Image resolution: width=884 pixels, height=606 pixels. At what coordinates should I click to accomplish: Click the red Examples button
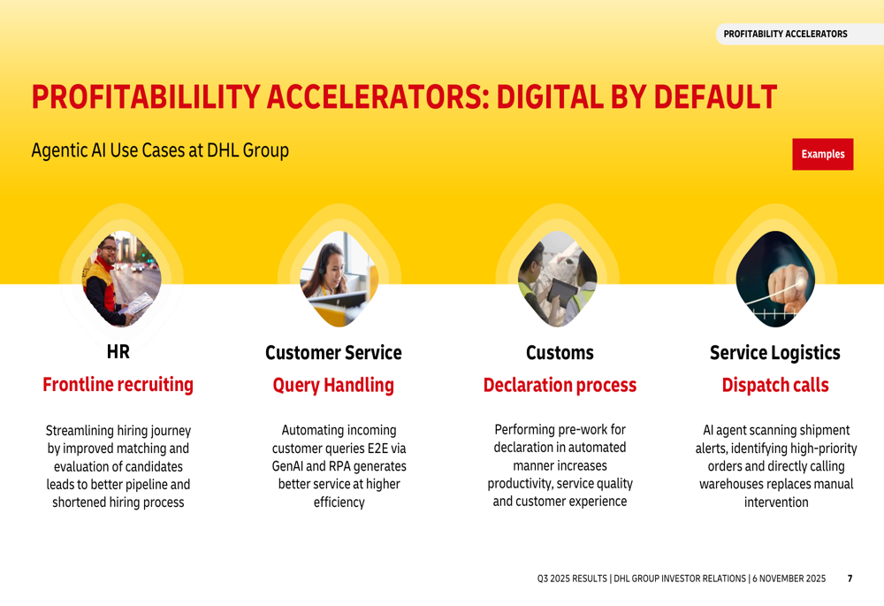coord(822,154)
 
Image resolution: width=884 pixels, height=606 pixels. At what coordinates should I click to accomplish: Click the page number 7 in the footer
coord(850,579)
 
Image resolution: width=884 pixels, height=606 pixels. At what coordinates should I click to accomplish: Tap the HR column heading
coord(118,353)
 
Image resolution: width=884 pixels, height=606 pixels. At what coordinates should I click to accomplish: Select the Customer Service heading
coord(333,353)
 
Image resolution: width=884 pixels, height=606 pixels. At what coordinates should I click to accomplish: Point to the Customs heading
coord(560,353)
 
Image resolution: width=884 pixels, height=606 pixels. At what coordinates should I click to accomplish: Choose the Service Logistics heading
coord(774,353)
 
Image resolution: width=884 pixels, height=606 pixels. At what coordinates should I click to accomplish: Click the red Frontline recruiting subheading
coord(118,385)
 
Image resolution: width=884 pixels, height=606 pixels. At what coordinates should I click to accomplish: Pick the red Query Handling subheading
coord(333,386)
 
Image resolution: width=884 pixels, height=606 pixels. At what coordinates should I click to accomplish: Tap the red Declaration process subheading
coord(560,386)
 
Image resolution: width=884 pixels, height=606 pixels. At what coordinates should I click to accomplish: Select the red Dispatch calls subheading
coord(775,386)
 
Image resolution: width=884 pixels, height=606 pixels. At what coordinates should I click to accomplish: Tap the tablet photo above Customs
coord(557,279)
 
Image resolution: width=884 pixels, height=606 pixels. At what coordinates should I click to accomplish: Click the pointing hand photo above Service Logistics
coord(775,279)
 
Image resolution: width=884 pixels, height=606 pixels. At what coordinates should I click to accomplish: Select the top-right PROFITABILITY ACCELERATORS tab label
coord(785,34)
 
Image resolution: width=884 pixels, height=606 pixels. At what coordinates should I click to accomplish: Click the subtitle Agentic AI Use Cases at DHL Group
coord(160,150)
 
